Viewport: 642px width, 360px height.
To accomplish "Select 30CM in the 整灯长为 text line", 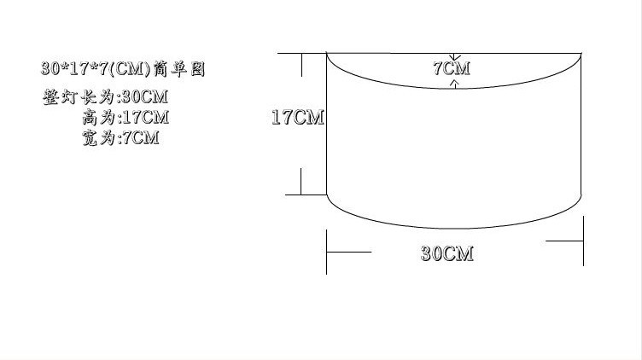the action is tap(141, 96).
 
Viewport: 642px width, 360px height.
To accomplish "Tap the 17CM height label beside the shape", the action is tap(297, 118).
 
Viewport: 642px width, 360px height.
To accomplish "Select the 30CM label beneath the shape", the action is tap(446, 253).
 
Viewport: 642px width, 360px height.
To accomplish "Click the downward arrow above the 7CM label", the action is tap(454, 57).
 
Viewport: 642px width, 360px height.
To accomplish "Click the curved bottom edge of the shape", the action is tap(455, 228).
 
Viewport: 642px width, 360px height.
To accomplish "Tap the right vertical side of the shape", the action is tap(581, 128).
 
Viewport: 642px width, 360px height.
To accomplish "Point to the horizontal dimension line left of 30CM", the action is tap(349, 252).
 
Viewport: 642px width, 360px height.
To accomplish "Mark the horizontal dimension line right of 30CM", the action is tap(563, 242).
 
